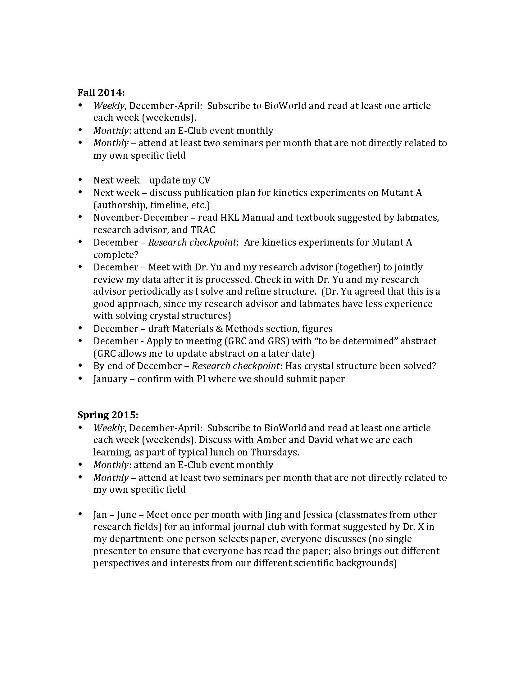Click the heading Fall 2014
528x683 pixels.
click(x=101, y=93)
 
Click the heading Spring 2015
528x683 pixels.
click(x=107, y=415)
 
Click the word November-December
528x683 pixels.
click(x=140, y=217)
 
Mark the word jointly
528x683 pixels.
click(x=408, y=267)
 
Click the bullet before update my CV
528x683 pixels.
click(x=80, y=180)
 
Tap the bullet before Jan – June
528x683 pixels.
click(x=80, y=514)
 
